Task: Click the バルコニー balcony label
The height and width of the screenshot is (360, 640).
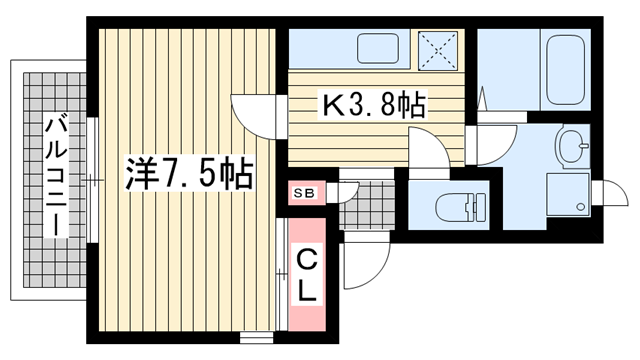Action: click(56, 174)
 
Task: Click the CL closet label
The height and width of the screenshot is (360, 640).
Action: click(306, 277)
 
